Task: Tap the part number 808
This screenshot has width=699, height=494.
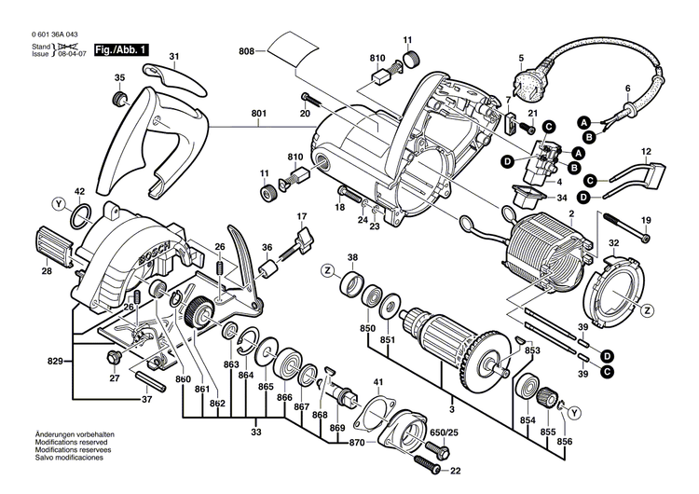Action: (x=246, y=50)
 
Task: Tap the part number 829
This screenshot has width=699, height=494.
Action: (x=58, y=359)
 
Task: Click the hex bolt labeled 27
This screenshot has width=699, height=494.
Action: (x=116, y=358)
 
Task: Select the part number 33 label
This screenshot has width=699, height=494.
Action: (x=257, y=432)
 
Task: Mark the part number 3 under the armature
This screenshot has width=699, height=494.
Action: (x=452, y=407)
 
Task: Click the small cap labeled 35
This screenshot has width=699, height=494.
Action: (x=118, y=100)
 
